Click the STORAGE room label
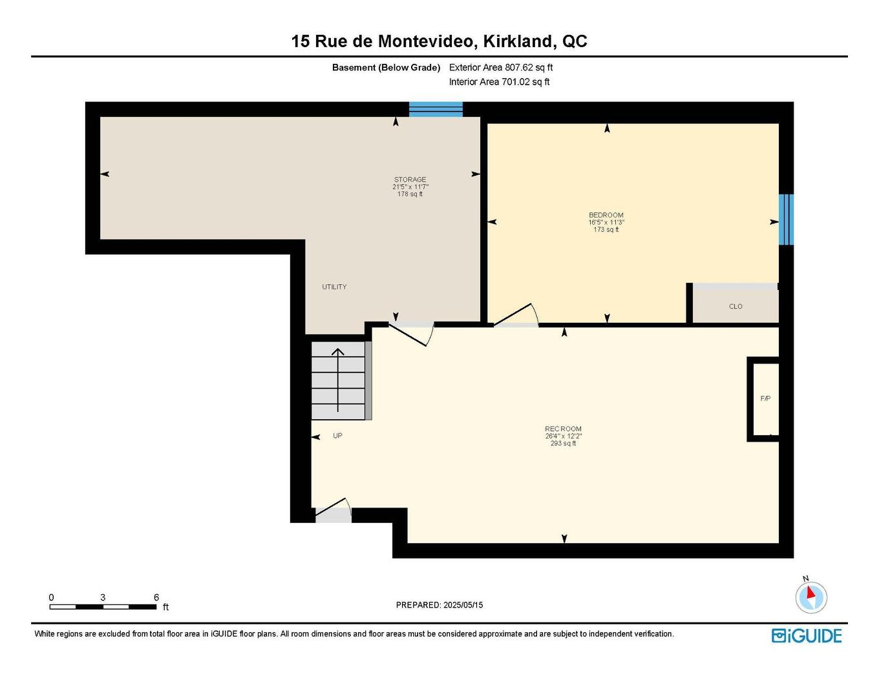click(410, 180)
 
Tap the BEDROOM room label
click(606, 215)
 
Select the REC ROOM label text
click(563, 429)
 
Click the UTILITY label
click(334, 287)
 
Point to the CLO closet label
click(736, 306)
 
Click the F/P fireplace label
click(765, 398)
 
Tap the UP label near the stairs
click(337, 436)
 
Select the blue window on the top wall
click(436, 109)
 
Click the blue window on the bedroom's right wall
click(785, 220)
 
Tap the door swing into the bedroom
click(516, 316)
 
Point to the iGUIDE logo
click(807, 635)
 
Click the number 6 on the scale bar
click(156, 597)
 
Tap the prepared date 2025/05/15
click(463, 605)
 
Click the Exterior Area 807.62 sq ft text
click(501, 67)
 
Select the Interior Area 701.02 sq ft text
click(499, 82)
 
